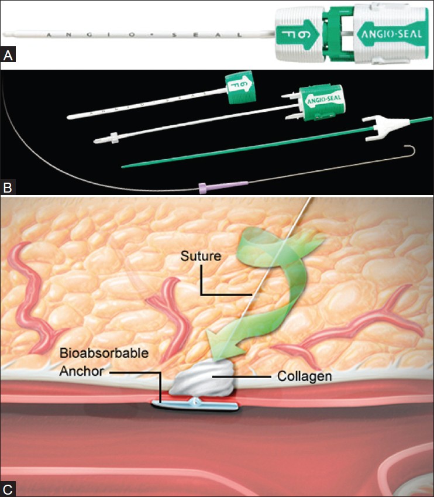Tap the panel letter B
coord(8,188)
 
